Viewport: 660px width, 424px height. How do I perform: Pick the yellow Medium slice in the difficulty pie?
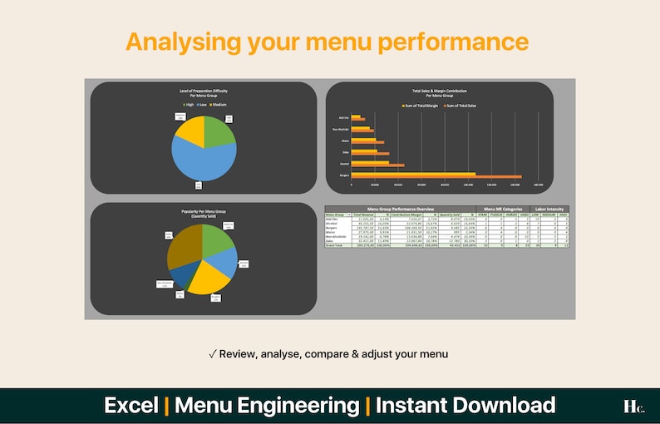tap(190, 131)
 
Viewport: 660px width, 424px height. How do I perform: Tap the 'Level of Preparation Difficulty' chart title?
tap(203, 92)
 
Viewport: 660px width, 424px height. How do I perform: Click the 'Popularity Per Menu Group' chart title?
tap(203, 214)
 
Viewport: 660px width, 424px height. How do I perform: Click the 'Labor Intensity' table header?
tap(550, 208)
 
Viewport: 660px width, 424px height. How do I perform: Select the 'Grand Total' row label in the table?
tap(334, 247)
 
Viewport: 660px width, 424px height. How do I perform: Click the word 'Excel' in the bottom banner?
tap(131, 406)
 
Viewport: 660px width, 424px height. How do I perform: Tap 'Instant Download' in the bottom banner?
tap(465, 406)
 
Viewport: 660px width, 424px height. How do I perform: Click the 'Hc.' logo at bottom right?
tap(633, 407)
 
